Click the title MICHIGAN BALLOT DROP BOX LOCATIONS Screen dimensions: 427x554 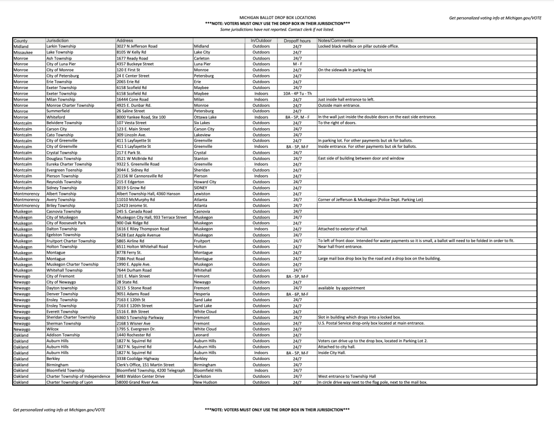277,18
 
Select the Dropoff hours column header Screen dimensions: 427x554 297,41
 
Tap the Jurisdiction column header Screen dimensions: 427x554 58,41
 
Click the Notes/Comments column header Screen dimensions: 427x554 335,41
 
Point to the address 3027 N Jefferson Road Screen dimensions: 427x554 137,46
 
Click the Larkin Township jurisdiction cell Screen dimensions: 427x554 61,46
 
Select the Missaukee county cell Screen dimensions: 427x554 23,52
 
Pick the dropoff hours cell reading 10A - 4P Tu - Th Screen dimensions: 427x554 297,93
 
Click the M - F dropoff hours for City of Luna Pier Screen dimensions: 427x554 297,64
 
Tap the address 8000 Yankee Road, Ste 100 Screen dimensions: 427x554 141,117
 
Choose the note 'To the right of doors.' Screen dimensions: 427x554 337,123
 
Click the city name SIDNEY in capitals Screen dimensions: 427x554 200,188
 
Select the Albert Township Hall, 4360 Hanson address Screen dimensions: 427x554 148,194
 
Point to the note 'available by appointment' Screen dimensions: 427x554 341,288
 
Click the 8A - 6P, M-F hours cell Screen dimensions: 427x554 297,294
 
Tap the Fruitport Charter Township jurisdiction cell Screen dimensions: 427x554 71,241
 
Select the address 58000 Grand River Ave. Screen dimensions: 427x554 138,382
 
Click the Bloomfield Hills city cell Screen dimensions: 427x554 208,370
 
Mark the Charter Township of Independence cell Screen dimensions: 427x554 78,376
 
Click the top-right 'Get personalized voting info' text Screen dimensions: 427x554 495,18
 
